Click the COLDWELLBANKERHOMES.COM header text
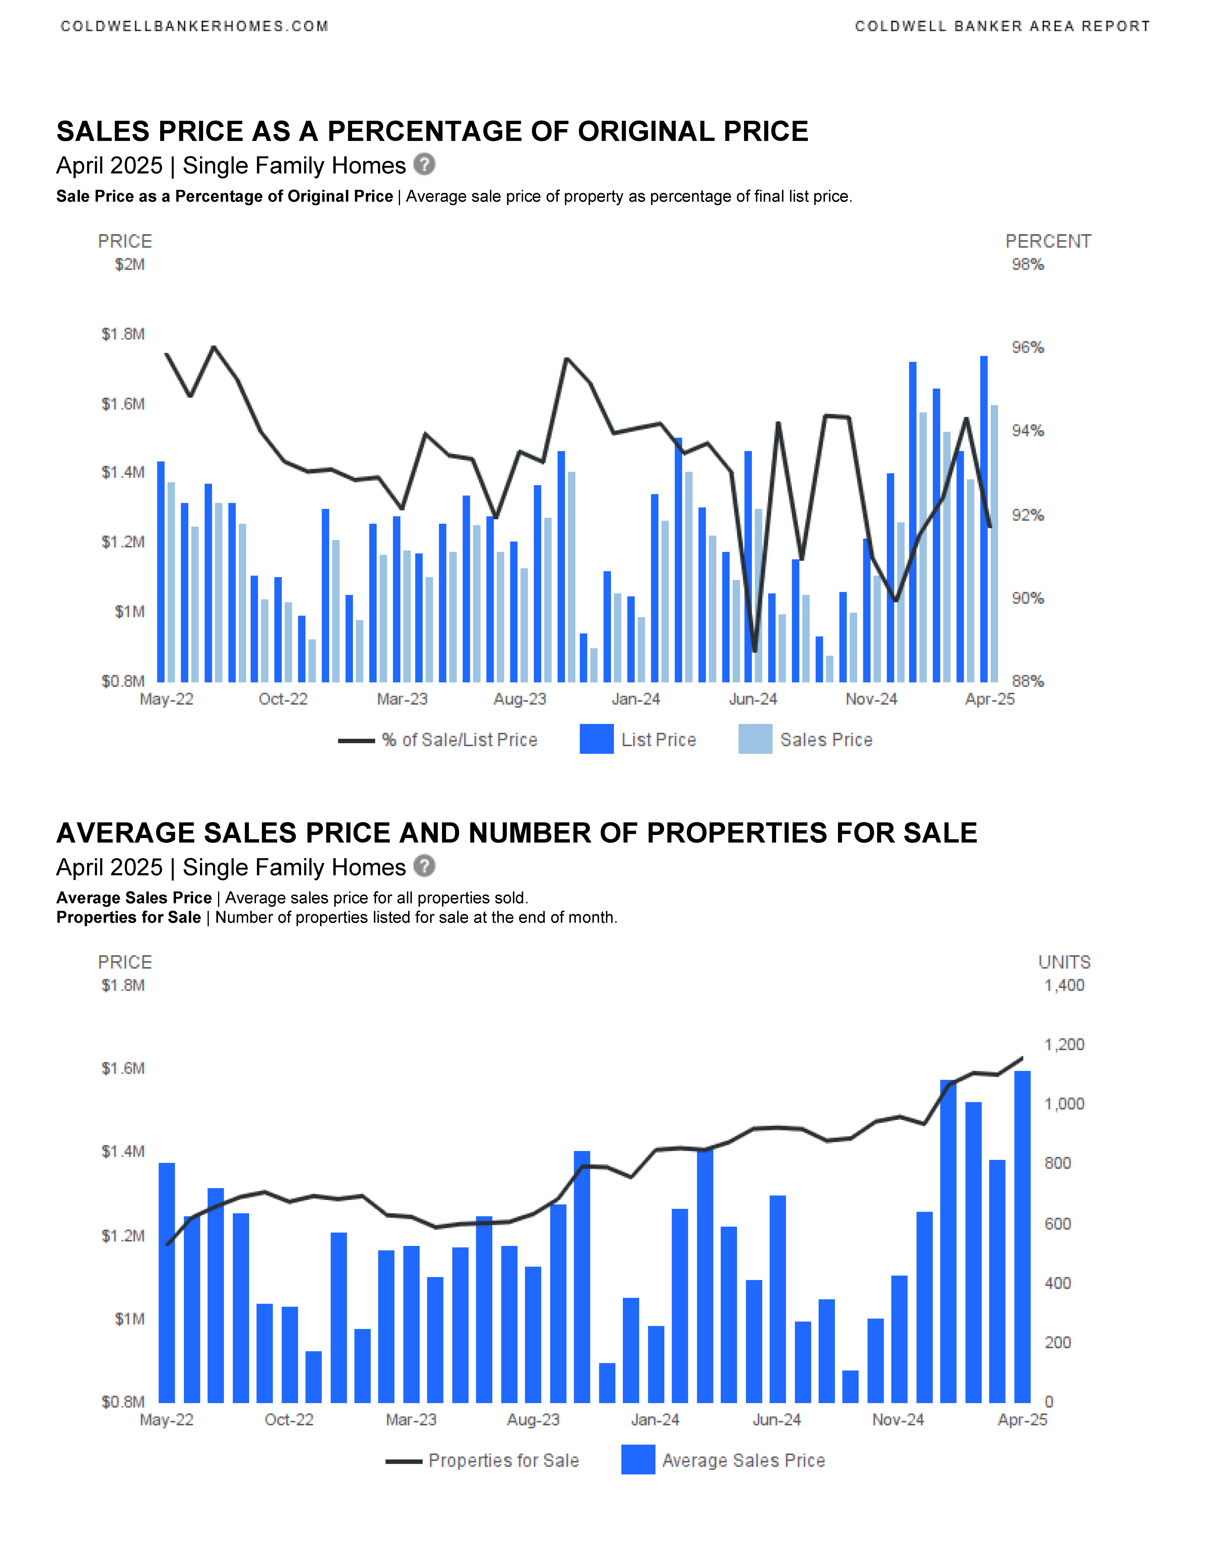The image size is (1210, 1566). (x=194, y=27)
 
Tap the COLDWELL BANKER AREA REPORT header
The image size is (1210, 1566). (x=1002, y=27)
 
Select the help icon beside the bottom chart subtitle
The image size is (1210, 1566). (x=424, y=866)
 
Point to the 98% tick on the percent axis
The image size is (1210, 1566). (x=1027, y=265)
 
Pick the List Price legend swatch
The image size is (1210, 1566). (x=596, y=739)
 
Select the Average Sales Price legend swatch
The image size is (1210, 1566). (x=638, y=1460)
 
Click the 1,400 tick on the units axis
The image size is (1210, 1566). (x=1064, y=985)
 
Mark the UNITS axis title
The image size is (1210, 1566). (x=1065, y=962)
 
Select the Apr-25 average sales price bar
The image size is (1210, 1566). (x=1022, y=1237)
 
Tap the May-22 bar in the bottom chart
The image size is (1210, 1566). (x=166, y=1283)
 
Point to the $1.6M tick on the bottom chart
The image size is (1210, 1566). (x=123, y=1068)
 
